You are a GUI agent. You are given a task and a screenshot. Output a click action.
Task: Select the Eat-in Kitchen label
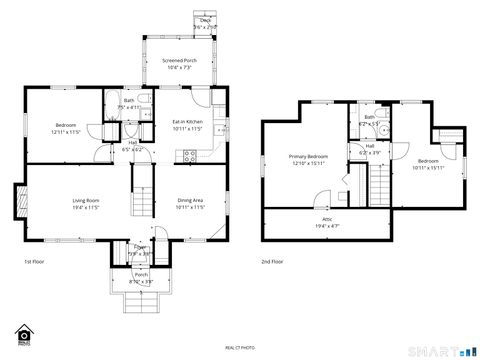tap(188, 122)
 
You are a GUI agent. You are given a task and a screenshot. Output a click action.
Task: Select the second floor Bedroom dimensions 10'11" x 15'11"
tap(427, 168)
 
